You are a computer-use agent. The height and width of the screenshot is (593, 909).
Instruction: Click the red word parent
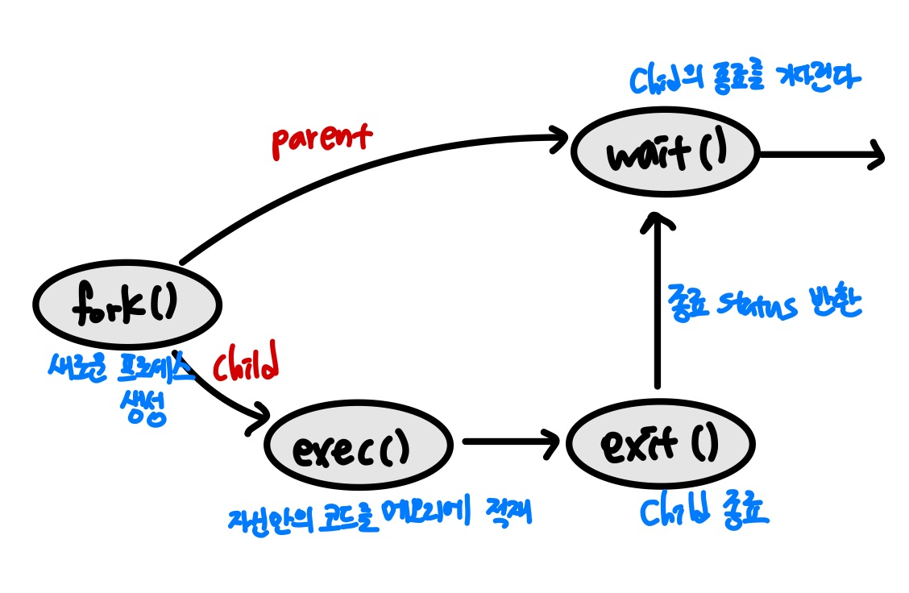[x=321, y=138]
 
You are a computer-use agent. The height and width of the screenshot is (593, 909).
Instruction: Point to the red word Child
[x=245, y=365]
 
